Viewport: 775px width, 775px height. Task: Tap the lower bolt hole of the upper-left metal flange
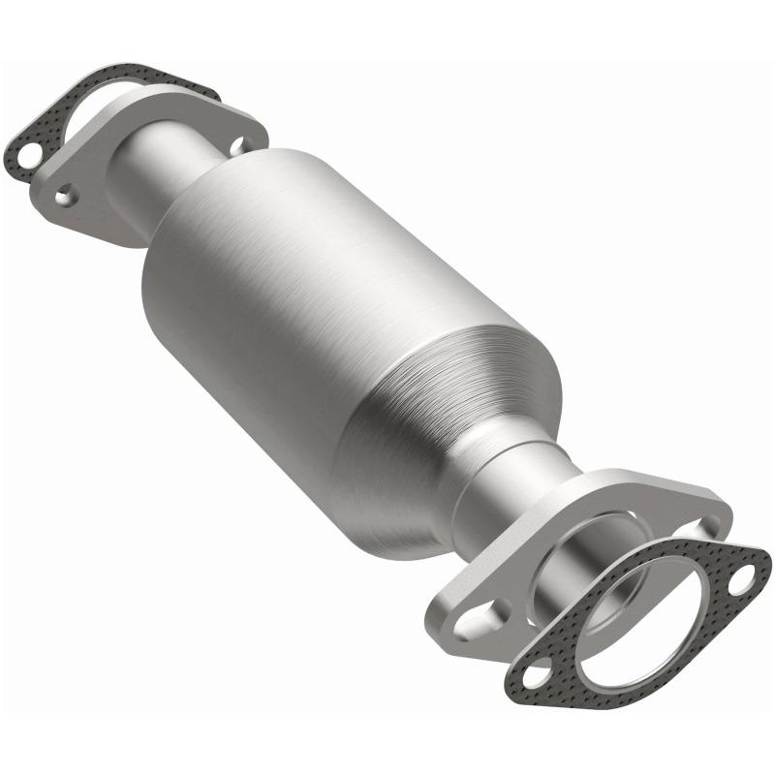coord(66,197)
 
